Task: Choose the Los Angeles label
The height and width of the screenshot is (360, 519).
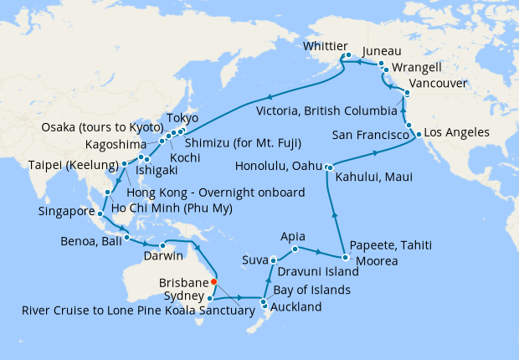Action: coord(456,133)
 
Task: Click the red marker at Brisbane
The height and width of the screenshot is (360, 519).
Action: coord(214,281)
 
